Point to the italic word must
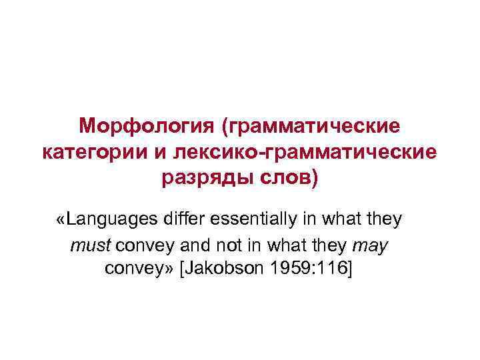91,246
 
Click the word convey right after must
142,246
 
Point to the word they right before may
331,246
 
